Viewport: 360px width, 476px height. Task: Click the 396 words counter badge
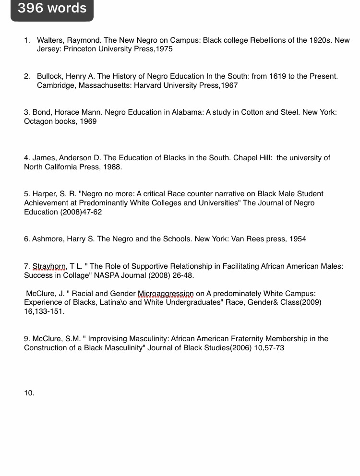point(52,9)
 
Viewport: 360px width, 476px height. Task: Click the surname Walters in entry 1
point(50,40)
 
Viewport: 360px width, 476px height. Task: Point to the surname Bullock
point(50,76)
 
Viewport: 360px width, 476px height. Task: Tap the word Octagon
point(38,121)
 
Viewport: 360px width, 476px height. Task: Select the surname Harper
point(45,194)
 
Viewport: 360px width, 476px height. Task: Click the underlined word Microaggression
point(166,294)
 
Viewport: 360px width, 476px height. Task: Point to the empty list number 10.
point(29,393)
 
